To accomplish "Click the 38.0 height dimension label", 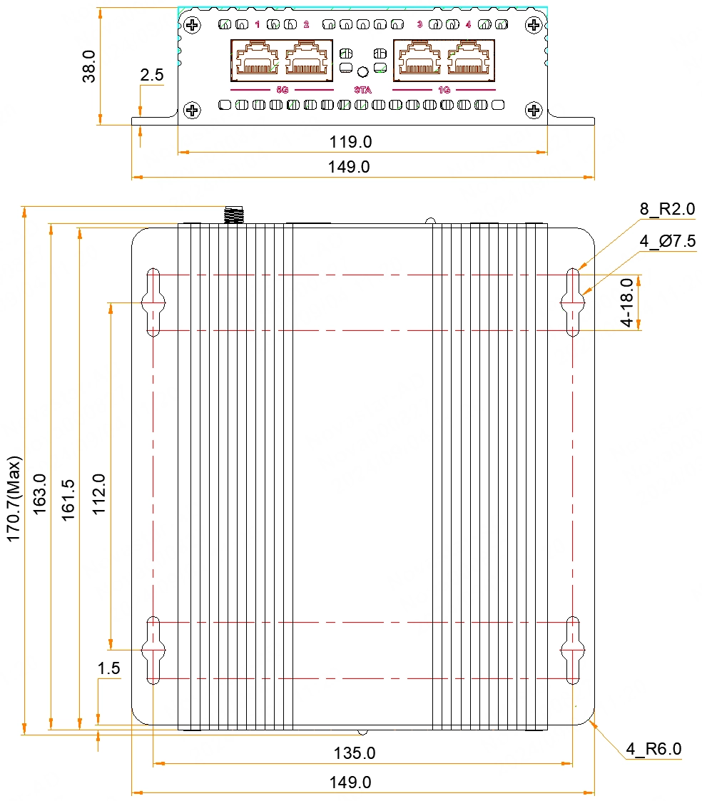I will [88, 66].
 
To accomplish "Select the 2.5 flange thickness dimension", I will [152, 75].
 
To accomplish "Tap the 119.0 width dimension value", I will [350, 142].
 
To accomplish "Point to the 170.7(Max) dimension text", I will [14, 499].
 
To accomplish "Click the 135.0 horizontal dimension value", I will [355, 753].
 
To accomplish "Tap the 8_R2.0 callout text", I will [667, 209].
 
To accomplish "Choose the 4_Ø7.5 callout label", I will [667, 241].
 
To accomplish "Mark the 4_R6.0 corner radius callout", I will [653, 749].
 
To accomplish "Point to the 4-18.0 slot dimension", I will [626, 302].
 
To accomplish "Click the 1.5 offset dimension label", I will [109, 668].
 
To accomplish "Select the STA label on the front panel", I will [362, 91].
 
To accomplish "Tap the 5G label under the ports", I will [282, 91].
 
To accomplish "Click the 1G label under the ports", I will [444, 91].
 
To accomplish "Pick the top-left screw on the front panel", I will [192, 26].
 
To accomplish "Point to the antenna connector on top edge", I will [233, 215].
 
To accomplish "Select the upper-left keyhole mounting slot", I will [153, 302].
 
